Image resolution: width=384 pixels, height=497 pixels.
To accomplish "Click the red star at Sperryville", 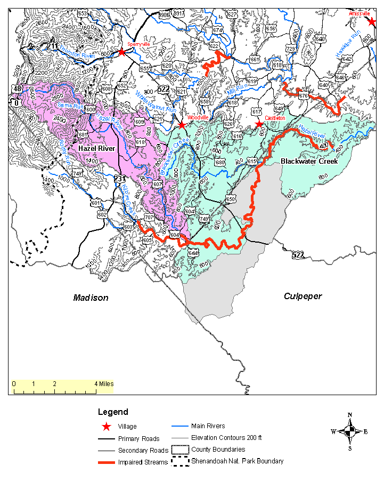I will tap(122, 52).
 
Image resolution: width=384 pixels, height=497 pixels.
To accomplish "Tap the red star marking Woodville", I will tap(182, 125).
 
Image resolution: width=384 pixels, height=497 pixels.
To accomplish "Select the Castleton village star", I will tap(259, 124).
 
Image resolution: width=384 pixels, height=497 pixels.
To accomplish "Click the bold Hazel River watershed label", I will tap(96, 148).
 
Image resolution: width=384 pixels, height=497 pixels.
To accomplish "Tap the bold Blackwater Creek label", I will tap(309, 161).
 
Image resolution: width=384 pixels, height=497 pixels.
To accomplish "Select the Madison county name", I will tap(91, 298).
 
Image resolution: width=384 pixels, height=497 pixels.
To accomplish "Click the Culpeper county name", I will tap(303, 296).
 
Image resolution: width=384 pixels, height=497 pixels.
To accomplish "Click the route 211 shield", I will tap(52, 46).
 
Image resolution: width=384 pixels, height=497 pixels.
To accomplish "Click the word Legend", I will tap(113, 412).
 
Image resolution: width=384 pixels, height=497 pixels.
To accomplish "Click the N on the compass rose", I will tap(350, 415).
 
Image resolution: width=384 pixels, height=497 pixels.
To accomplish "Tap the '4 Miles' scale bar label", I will tap(103, 383).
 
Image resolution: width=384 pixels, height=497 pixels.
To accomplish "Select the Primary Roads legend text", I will tap(138, 439).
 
